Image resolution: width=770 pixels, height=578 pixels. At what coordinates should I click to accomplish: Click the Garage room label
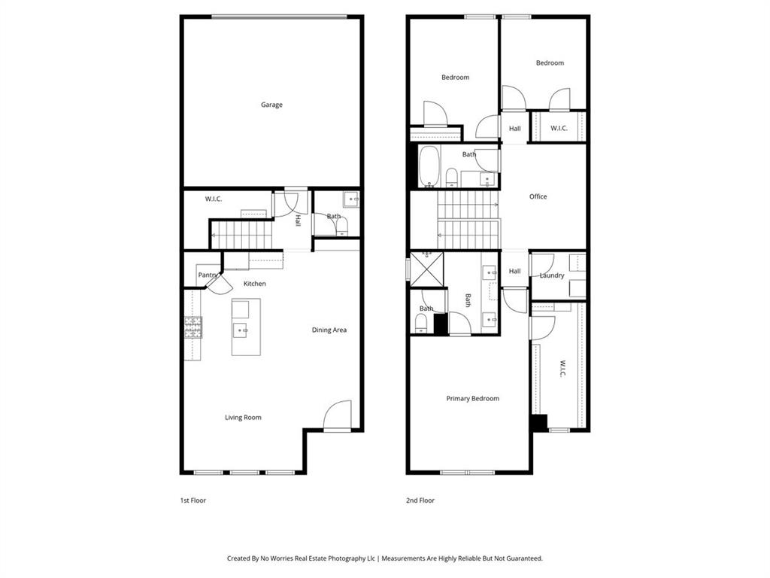click(271, 105)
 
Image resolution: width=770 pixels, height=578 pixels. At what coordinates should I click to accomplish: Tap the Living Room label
click(243, 417)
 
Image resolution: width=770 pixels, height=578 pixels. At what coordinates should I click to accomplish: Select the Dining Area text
click(329, 330)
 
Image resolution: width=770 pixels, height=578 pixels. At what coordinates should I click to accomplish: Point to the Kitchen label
click(254, 284)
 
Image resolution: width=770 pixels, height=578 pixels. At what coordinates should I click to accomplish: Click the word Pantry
click(208, 275)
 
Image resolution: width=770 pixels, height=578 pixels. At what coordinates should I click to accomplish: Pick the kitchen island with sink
click(246, 327)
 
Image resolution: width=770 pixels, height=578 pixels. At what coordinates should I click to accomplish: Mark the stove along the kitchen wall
click(193, 327)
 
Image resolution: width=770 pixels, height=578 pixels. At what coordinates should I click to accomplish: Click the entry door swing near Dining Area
click(338, 415)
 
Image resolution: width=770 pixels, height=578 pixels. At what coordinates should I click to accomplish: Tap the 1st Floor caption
click(192, 500)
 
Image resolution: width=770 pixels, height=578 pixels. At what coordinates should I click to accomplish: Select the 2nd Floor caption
click(421, 500)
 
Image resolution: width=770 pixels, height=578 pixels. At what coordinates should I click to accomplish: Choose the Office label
click(538, 196)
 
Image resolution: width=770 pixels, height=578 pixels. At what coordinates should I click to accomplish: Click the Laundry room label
click(552, 275)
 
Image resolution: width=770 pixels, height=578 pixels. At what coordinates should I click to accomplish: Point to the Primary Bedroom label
click(472, 398)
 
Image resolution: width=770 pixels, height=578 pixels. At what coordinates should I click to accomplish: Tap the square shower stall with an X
click(426, 269)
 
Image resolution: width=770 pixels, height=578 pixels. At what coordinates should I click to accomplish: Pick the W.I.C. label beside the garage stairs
click(214, 199)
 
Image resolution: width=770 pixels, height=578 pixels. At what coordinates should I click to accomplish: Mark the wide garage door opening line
click(278, 16)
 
